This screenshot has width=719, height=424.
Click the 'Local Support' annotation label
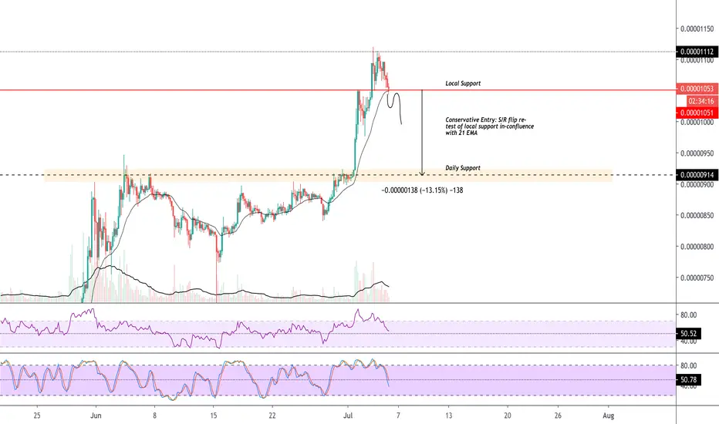point(463,83)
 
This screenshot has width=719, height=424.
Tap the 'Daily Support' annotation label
point(463,168)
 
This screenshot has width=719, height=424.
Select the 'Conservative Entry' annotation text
point(490,126)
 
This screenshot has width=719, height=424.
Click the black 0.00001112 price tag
point(697,52)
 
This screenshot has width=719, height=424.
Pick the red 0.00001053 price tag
point(697,89)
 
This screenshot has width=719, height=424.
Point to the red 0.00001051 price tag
point(697,113)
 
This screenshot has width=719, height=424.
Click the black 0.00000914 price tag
point(697,175)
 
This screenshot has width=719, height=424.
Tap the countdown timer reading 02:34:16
point(701,101)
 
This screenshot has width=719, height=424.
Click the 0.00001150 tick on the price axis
point(697,29)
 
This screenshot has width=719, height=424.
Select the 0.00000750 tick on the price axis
point(697,278)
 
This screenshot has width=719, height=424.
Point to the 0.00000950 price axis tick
point(697,153)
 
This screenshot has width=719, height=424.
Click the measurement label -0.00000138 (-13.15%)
point(422,190)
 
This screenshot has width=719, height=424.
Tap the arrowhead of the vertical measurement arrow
point(422,173)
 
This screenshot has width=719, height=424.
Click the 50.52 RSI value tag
point(689,334)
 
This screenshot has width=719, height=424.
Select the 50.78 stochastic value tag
point(689,379)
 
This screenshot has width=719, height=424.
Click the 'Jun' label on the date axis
point(96,416)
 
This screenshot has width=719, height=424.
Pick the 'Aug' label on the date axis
point(608,416)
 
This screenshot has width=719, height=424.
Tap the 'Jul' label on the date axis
point(348,416)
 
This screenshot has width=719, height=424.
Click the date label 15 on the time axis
point(213,416)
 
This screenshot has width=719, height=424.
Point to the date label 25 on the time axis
point(37,416)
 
